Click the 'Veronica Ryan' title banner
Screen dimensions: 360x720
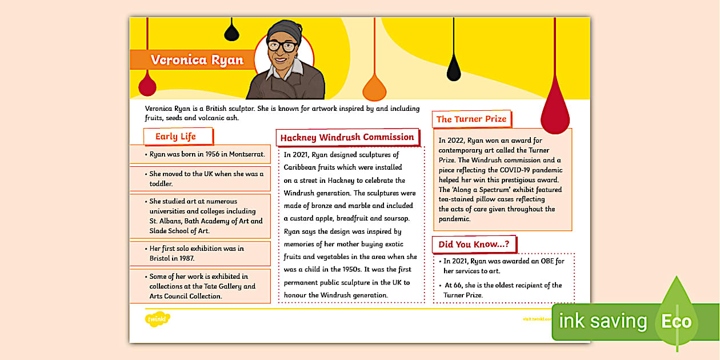click(197, 60)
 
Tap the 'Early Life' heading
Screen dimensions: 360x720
click(176, 137)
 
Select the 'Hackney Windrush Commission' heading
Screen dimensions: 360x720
click(347, 138)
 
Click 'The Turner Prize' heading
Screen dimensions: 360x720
click(471, 119)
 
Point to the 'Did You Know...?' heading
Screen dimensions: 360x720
click(474, 245)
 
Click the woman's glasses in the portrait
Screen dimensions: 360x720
click(282, 47)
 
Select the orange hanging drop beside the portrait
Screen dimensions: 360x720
click(375, 88)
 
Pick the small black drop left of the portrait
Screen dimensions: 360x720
click(231, 32)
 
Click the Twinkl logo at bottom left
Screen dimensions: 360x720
click(157, 318)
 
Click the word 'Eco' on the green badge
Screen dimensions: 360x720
click(676, 321)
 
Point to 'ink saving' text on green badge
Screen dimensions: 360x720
click(603, 321)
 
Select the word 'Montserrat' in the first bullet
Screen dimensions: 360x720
click(246, 154)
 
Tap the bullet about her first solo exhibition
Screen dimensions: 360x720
click(197, 253)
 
